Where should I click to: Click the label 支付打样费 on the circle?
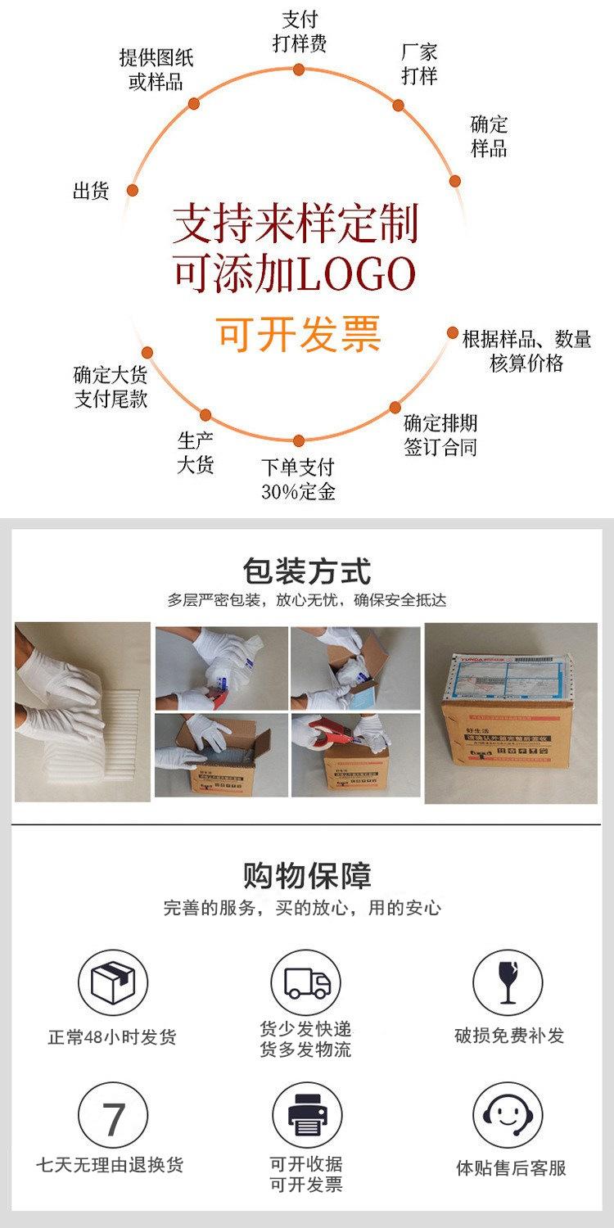coord(300,32)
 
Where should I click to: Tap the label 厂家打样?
coord(419,65)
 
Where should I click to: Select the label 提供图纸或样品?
coord(156,70)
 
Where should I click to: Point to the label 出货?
coord(91,192)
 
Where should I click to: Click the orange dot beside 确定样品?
coord(455,182)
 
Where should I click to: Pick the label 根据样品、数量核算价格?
coord(526,351)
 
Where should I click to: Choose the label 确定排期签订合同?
coord(440,435)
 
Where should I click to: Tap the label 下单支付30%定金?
coord(298,479)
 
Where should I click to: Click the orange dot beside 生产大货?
coord(206,415)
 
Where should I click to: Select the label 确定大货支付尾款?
coord(111,388)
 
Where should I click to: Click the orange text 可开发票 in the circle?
coord(299,332)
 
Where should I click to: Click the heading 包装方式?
coord(307,570)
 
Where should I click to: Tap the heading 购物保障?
coord(307,875)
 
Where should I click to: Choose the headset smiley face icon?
coord(508,1117)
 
